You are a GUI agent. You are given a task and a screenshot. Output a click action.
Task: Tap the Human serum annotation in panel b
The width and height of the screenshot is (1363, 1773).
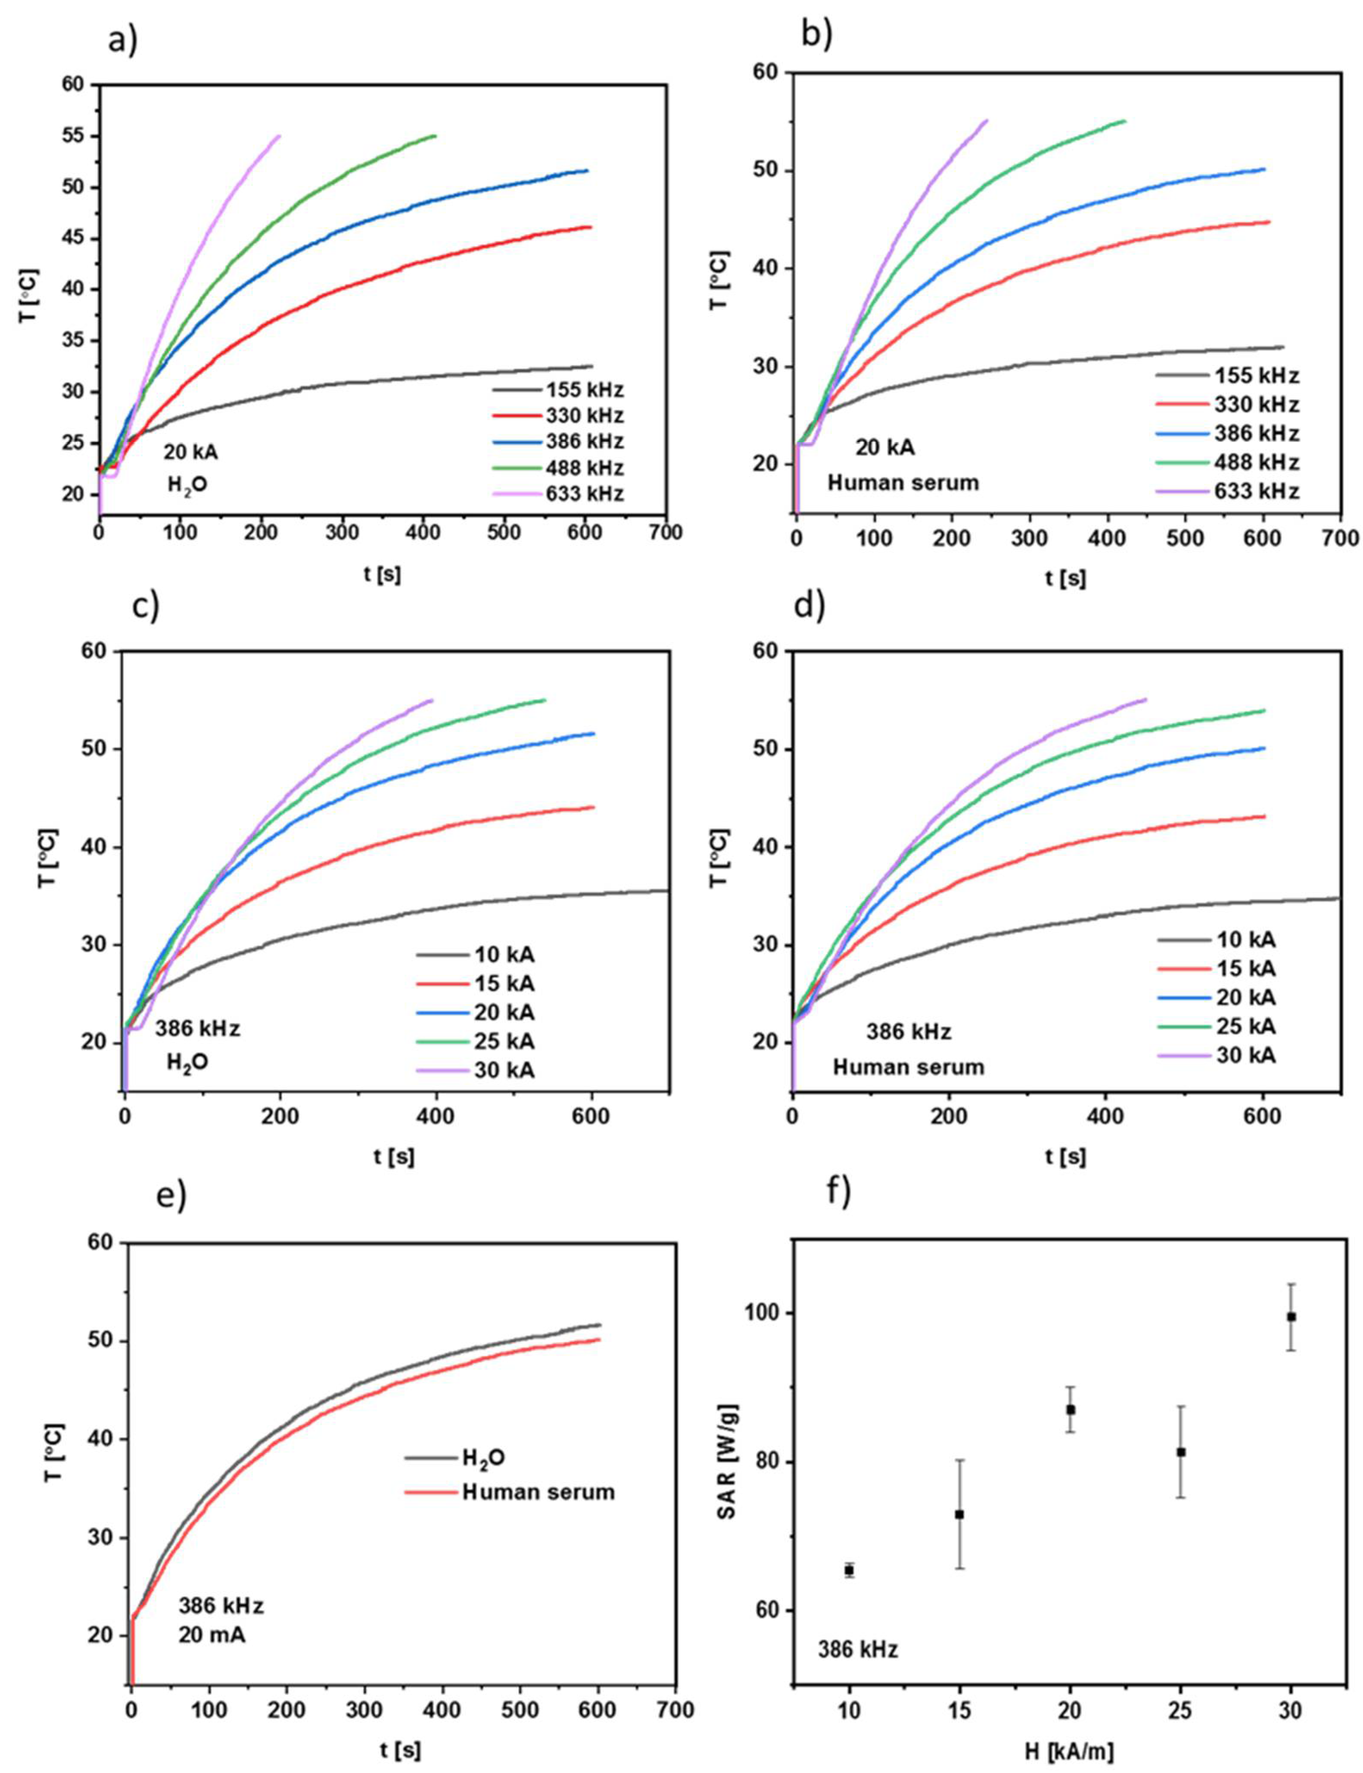click(x=903, y=483)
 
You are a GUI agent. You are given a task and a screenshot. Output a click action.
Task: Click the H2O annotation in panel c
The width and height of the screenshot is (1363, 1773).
click(x=187, y=1063)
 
